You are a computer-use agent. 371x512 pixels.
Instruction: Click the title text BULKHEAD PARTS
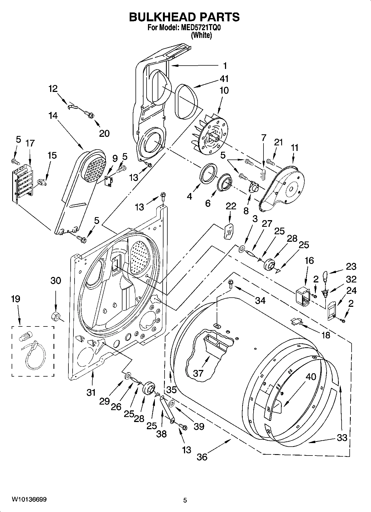(x=184, y=17)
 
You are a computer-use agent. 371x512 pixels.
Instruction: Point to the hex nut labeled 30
(x=56, y=315)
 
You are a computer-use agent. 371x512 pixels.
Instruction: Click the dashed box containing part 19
(x=33, y=351)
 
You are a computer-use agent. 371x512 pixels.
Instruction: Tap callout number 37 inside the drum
(x=198, y=373)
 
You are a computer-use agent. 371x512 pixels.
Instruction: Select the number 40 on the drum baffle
(x=311, y=377)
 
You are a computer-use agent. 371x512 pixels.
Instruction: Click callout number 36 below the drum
(x=202, y=457)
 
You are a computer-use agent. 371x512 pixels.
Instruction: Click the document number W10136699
(x=29, y=500)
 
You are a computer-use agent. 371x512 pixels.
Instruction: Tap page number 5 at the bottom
(x=185, y=500)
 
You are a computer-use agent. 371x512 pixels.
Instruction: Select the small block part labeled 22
(x=229, y=231)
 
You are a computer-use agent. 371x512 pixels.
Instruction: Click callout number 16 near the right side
(x=309, y=261)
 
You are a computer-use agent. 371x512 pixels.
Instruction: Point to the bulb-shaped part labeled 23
(x=325, y=276)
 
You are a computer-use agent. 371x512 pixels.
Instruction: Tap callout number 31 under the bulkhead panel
(x=91, y=392)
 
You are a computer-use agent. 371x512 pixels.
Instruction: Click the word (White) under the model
(x=201, y=35)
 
